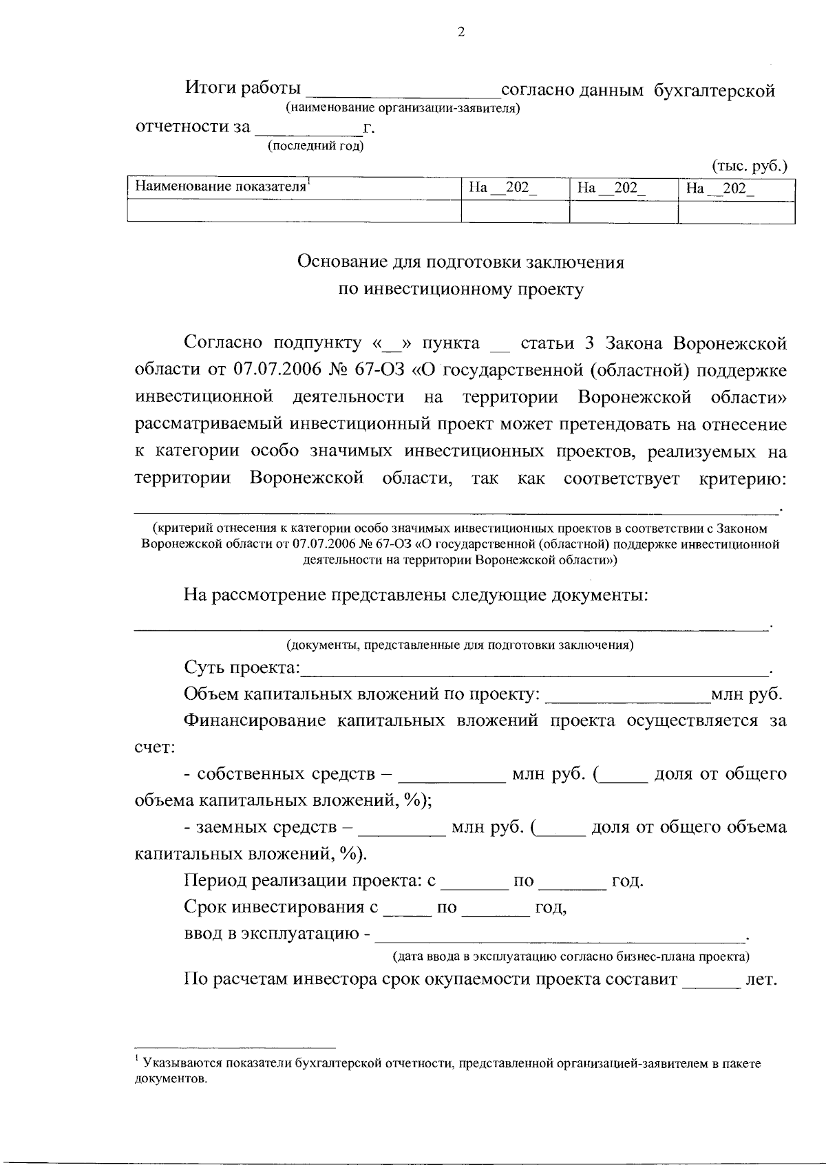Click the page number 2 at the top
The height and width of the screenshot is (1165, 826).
click(460, 32)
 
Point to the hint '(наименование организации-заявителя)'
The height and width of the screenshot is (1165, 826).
click(402, 108)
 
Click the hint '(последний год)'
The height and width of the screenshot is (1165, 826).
click(315, 145)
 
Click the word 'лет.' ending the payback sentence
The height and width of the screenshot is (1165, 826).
click(761, 980)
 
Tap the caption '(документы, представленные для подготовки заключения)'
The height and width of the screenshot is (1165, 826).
click(460, 645)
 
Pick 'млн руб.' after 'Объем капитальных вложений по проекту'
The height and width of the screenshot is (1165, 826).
click(747, 694)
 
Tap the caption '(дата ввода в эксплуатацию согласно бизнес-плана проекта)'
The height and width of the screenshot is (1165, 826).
click(571, 956)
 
